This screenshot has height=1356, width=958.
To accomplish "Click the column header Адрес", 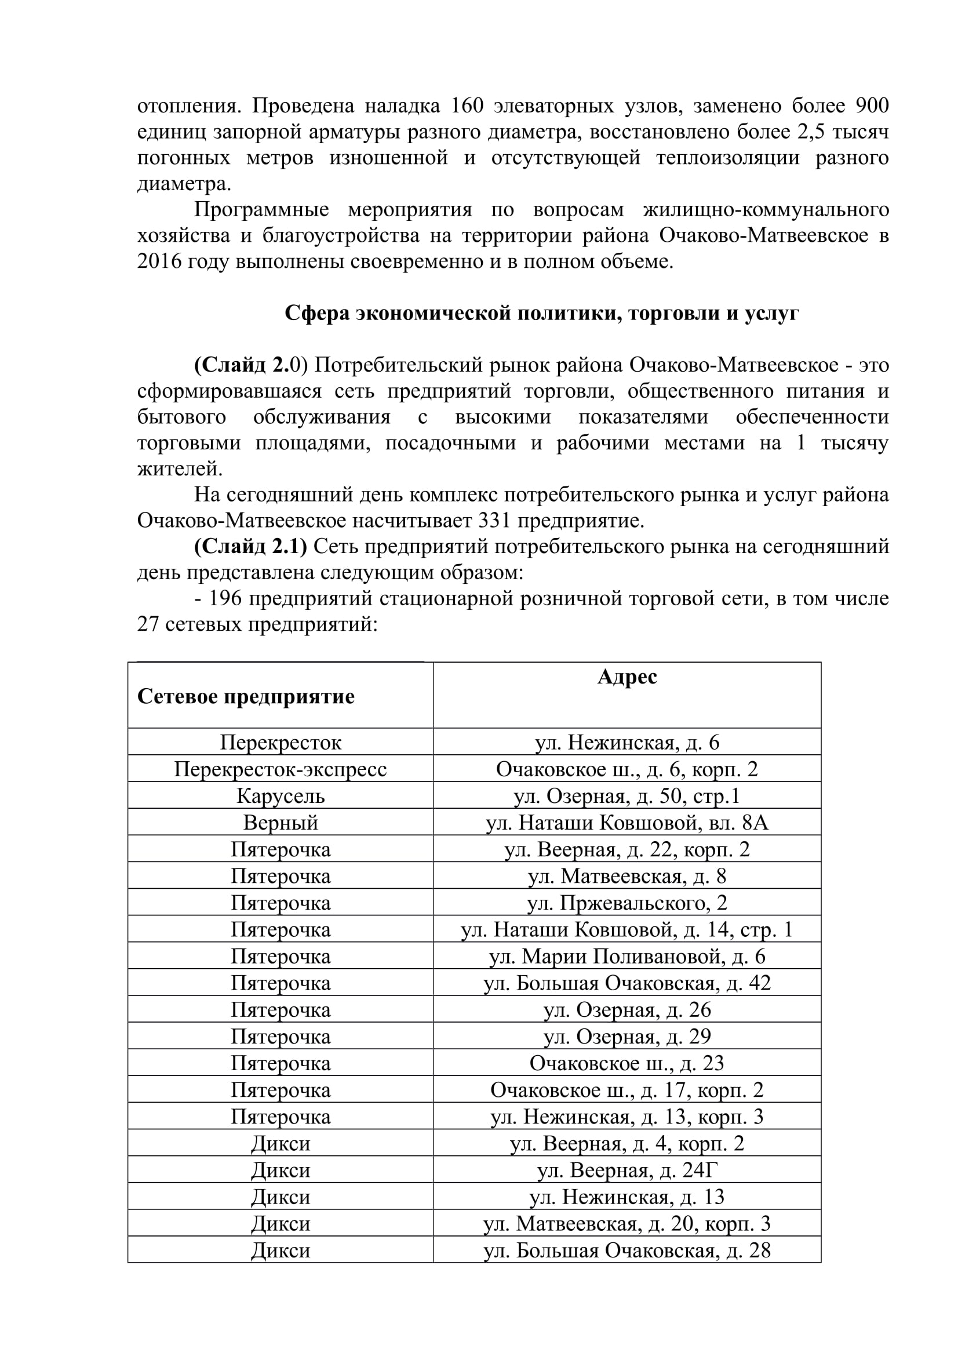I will (627, 677).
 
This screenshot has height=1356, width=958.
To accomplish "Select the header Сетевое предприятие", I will (246, 696).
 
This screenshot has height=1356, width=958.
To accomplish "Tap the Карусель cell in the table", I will (281, 796).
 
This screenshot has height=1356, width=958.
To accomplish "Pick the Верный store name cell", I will (281, 823).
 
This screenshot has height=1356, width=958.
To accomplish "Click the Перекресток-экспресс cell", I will (281, 769).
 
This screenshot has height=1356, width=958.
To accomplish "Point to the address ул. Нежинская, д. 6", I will (627, 743).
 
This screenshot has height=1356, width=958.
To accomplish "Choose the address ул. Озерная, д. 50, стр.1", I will (627, 796).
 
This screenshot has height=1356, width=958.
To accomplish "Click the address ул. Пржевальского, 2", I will (627, 903).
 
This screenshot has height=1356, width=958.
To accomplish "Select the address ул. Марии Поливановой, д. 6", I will (627, 956).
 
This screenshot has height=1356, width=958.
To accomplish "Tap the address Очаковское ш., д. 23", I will (627, 1063).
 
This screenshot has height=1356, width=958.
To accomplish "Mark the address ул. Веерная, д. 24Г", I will (627, 1170).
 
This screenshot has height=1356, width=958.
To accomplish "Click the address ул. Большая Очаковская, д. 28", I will (627, 1250).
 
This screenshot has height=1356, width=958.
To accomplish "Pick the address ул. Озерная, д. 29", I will (627, 1037).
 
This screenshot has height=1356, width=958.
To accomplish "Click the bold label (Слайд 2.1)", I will (251, 547).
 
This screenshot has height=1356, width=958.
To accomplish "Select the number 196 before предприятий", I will (225, 599).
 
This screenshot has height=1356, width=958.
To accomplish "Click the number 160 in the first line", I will (467, 106).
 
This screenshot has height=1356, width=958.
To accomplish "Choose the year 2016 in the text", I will (159, 261).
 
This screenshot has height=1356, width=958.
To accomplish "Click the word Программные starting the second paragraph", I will (261, 210).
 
